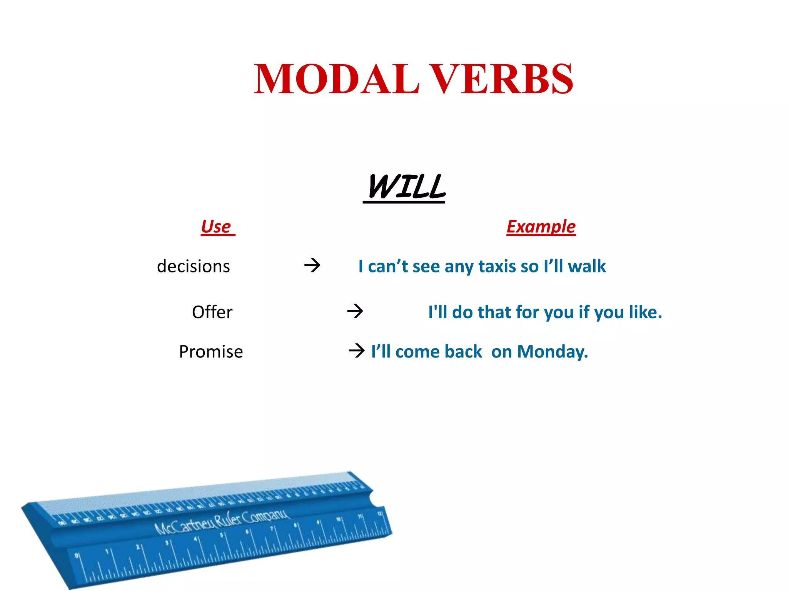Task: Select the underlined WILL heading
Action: [406, 187]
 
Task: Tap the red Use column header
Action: [216, 227]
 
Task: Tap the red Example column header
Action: [541, 227]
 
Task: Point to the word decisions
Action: [193, 266]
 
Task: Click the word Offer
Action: [212, 312]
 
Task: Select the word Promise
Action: [211, 352]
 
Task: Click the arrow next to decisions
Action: [312, 265]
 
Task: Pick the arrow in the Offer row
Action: [355, 311]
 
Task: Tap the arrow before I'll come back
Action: [356, 351]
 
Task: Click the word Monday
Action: [552, 352]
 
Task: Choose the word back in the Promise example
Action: [463, 352]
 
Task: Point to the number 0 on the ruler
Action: [77, 555]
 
